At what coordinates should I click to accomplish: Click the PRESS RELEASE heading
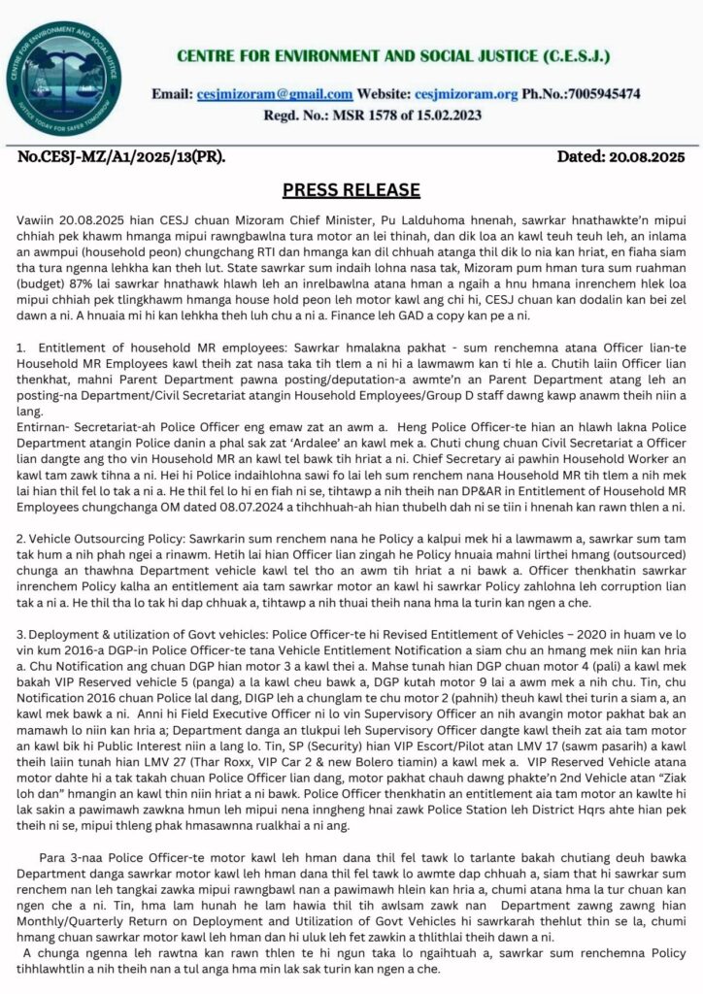click(x=351, y=188)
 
